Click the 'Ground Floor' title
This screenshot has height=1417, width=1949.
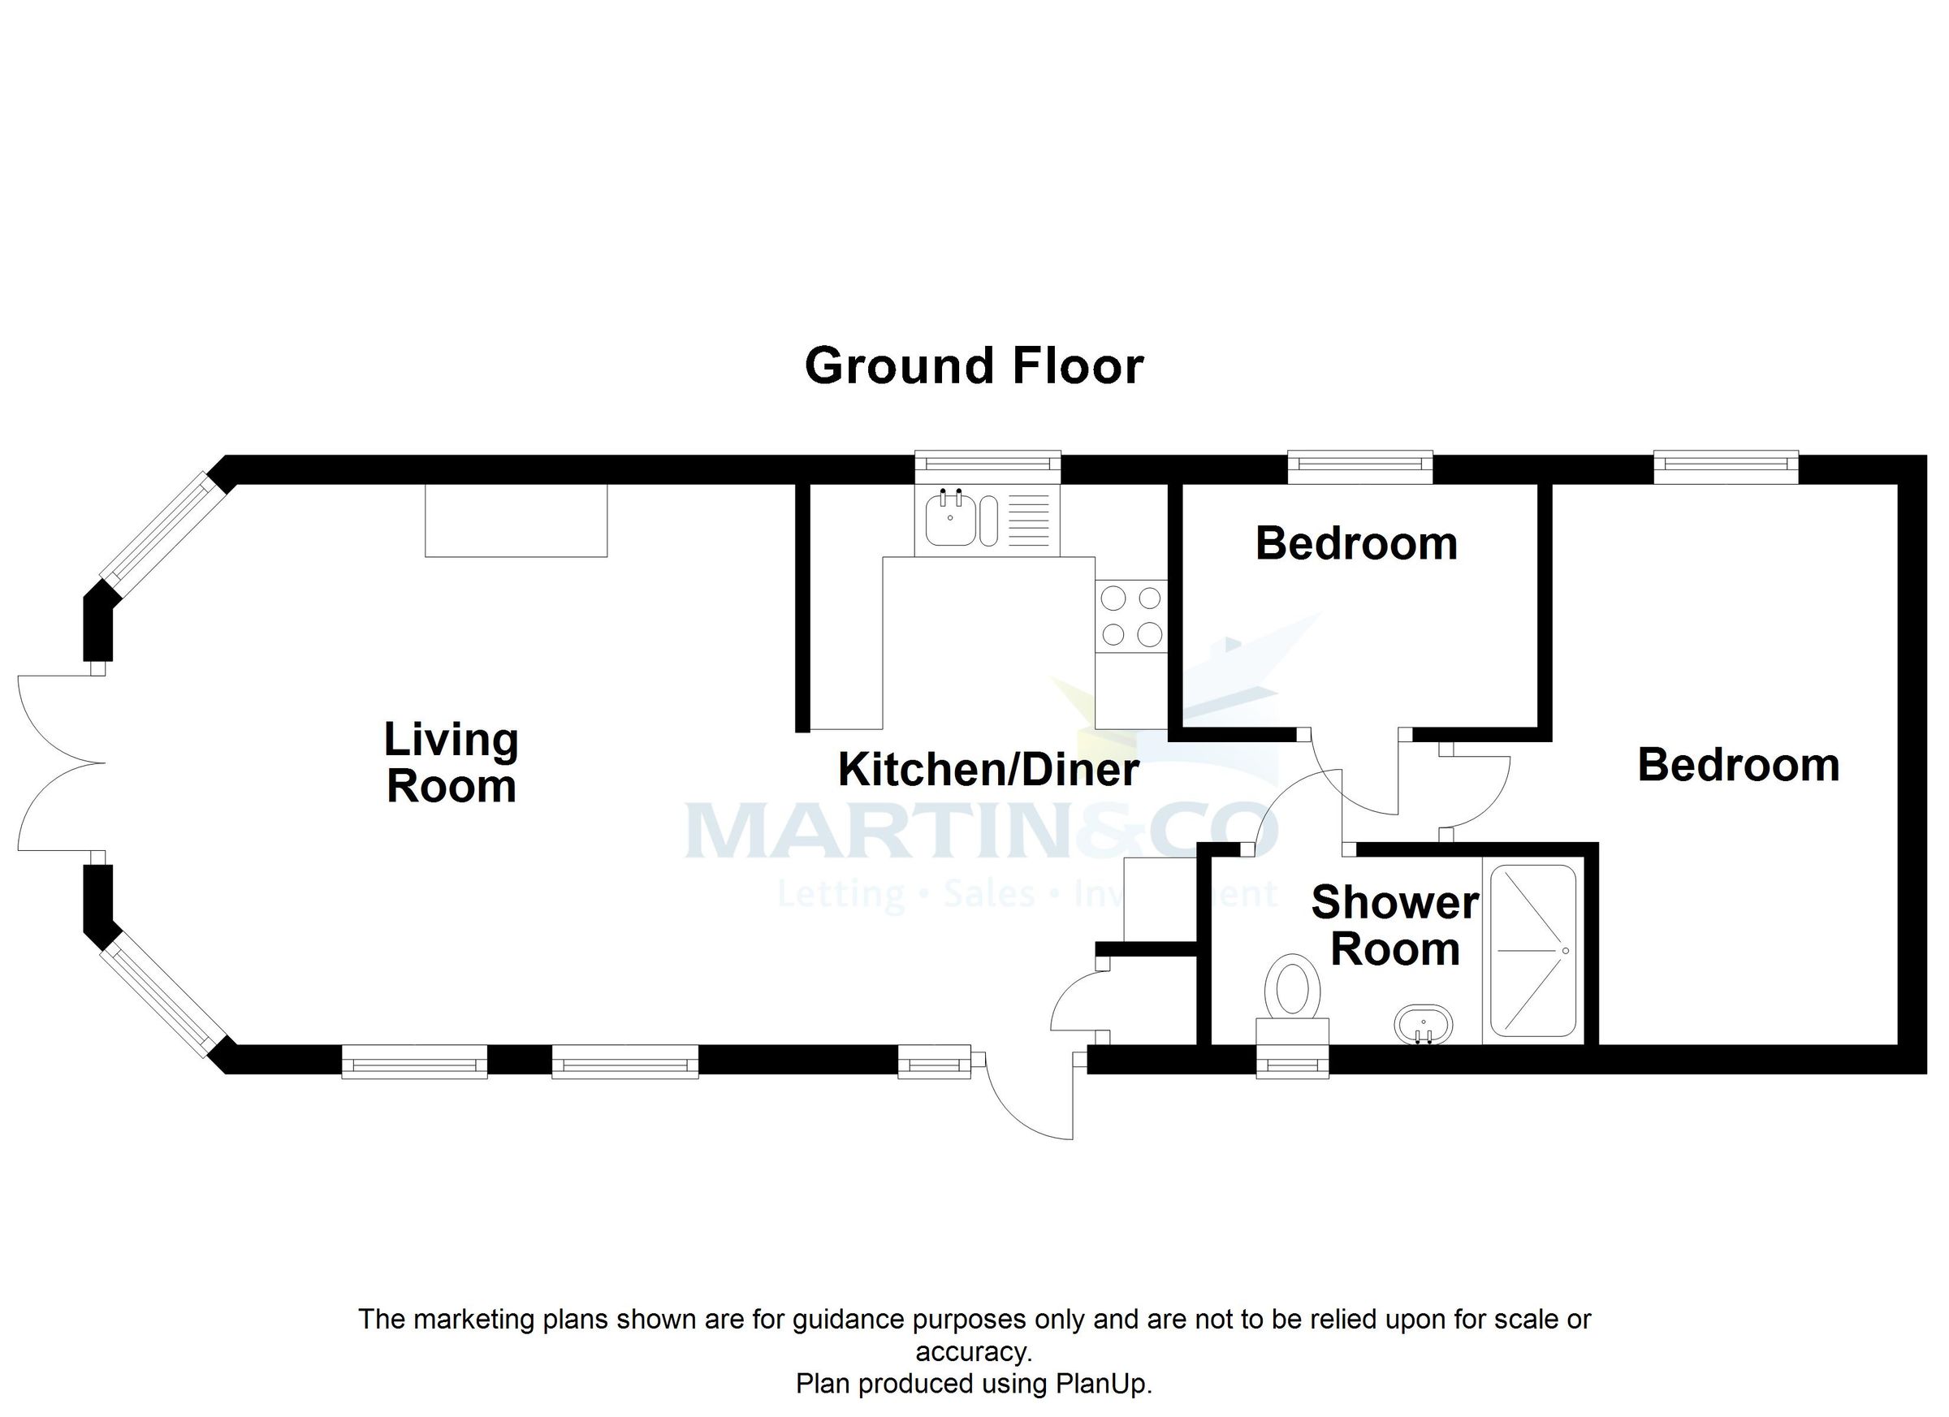[x=974, y=367]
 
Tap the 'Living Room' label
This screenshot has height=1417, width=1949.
[x=452, y=763]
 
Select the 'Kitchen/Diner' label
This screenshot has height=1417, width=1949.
[x=988, y=769]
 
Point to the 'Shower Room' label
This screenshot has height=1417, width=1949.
[x=1394, y=926]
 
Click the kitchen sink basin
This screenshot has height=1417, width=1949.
[x=950, y=519]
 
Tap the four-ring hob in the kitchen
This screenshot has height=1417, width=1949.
[x=1131, y=616]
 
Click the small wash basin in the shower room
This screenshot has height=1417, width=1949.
[x=1423, y=1025]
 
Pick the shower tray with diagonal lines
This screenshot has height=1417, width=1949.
[x=1534, y=951]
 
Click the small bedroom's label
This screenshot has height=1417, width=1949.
[x=1356, y=543]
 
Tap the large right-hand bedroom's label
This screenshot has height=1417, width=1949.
[x=1739, y=765]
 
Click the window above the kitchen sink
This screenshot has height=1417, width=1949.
[x=987, y=464]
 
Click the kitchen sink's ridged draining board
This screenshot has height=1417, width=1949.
[x=1027, y=521]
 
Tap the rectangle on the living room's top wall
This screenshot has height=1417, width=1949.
[x=516, y=520]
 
